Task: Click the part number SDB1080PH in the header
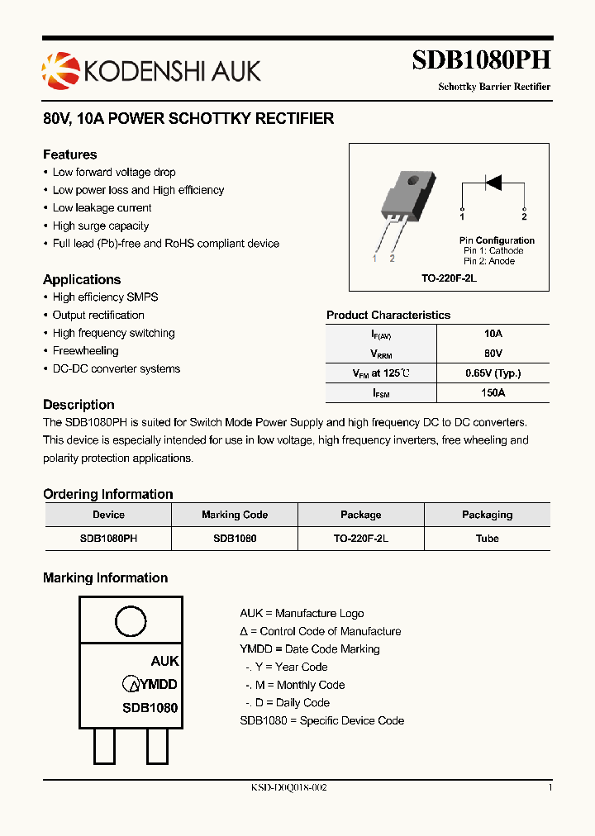[x=481, y=61]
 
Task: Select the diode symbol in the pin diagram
[x=493, y=182]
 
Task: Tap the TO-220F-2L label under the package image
[x=449, y=278]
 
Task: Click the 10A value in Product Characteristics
[x=493, y=334]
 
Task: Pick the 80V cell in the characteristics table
[x=493, y=354]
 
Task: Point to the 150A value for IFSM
[x=493, y=393]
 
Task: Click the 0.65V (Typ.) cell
[x=493, y=373]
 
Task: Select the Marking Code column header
[x=235, y=515]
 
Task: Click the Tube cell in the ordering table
[x=487, y=538]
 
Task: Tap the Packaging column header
[x=487, y=515]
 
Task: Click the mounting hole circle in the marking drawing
[x=131, y=621]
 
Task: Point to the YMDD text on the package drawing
[x=158, y=684]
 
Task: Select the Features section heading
[x=70, y=154]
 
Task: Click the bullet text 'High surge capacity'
[x=101, y=226]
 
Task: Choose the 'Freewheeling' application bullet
[x=86, y=351]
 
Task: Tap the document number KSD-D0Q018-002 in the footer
[x=289, y=788]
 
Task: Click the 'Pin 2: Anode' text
[x=489, y=261]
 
